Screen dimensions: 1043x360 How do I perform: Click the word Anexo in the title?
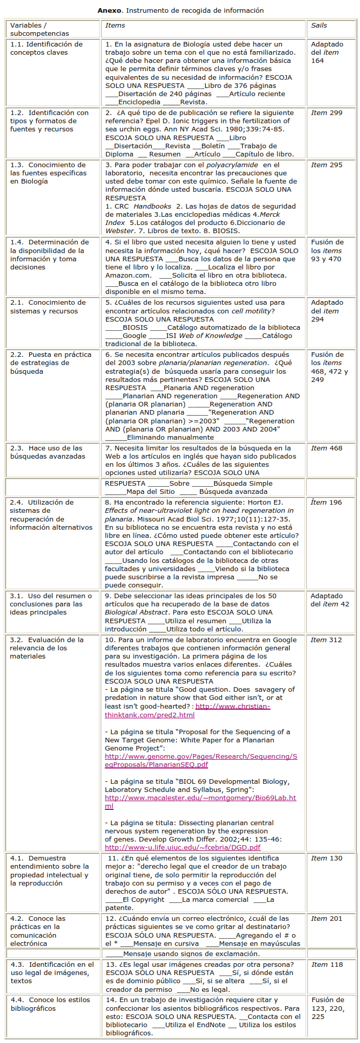tap(109, 10)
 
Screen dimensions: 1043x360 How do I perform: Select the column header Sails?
tap(319, 25)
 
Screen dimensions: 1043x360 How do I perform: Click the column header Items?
tap(115, 25)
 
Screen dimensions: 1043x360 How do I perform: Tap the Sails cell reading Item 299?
tap(327, 113)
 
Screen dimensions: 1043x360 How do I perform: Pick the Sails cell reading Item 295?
tap(327, 165)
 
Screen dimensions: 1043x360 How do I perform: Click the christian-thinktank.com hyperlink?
tap(187, 711)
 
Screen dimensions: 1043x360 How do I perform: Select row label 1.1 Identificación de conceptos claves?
tap(47, 49)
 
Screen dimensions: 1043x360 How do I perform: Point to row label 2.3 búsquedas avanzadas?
tap(48, 452)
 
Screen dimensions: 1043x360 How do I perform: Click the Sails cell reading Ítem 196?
tap(326, 503)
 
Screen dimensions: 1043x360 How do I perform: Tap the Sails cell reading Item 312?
tap(326, 640)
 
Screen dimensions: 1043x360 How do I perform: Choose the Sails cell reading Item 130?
tap(327, 858)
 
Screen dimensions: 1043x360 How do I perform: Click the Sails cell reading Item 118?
tap(327, 965)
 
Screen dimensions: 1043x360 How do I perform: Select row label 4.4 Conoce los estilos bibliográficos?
tap(50, 1004)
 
